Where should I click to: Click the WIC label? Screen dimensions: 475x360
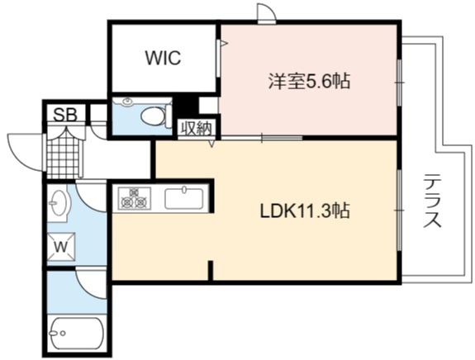pyautogui.click(x=163, y=58)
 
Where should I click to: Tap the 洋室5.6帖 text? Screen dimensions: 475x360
pyautogui.click(x=309, y=81)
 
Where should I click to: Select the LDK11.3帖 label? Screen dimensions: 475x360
pyautogui.click(x=305, y=211)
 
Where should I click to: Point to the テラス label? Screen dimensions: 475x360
pyautogui.click(x=432, y=201)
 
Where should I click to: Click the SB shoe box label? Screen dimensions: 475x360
pyautogui.click(x=65, y=115)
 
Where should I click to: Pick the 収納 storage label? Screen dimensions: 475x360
pyautogui.click(x=197, y=128)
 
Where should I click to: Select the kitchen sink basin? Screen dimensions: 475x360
pyautogui.click(x=184, y=199)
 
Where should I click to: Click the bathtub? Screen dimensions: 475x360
pyautogui.click(x=76, y=333)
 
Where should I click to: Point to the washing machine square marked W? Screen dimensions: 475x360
pyautogui.click(x=61, y=247)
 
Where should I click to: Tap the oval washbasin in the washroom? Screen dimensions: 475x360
pyautogui.click(x=58, y=202)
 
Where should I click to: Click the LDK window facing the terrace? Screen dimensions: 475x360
pyautogui.click(x=400, y=210)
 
